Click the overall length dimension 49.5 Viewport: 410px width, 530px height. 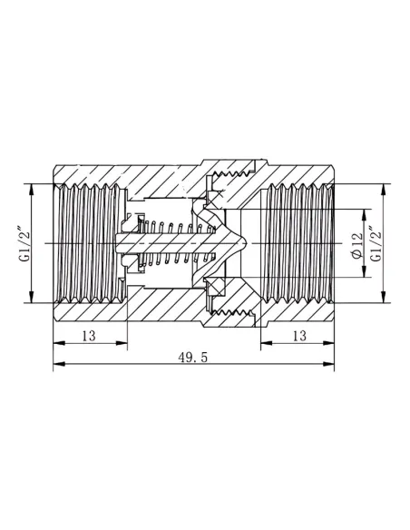(x=193, y=357)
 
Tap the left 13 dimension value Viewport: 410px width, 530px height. (x=89, y=336)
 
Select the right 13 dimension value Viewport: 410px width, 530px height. (x=299, y=336)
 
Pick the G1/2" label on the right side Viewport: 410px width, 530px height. (x=376, y=243)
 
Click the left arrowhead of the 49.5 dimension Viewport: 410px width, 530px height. (x=59, y=364)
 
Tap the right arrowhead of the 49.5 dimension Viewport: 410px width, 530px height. (x=328, y=364)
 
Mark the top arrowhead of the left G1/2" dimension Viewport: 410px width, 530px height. (x=32, y=190)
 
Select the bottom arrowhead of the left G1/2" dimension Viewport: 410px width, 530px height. (x=32, y=297)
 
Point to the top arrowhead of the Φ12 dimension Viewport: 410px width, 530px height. (x=364, y=215)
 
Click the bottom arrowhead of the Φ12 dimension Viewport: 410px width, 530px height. (x=364, y=271)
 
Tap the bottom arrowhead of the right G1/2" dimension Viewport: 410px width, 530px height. (x=383, y=297)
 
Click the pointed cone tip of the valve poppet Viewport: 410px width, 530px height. (x=247, y=243)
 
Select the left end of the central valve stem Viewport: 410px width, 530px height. (x=116, y=243)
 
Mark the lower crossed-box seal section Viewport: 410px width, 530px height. (x=215, y=287)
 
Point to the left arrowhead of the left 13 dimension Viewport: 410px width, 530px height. (x=59, y=343)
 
